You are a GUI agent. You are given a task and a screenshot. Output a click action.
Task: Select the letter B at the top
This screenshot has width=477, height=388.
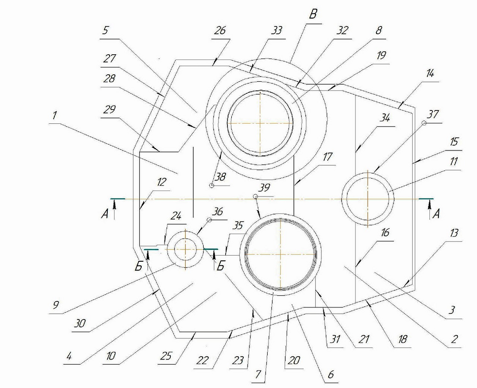point(313,15)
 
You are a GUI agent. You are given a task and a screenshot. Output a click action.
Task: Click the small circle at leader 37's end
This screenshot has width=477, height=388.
point(424,123)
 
